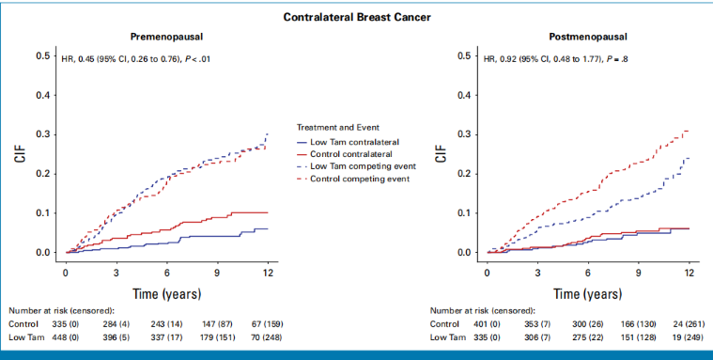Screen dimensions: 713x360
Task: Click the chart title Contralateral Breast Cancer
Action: click(357, 17)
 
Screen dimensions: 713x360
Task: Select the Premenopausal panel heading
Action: click(166, 37)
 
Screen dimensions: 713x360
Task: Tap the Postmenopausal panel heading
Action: click(588, 37)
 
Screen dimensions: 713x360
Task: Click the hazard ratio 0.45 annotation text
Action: click(135, 58)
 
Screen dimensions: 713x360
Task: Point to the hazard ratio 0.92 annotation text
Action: click(556, 58)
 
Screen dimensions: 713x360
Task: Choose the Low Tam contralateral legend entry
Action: click(348, 142)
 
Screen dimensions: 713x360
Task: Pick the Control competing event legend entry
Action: click(353, 179)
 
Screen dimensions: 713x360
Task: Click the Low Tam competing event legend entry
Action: click(356, 166)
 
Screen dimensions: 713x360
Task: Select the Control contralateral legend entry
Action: click(344, 154)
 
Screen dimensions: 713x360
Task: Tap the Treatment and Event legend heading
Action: click(338, 128)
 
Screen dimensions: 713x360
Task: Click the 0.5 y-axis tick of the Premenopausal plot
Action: click(43, 55)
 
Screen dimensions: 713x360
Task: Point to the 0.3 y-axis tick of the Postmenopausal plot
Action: click(464, 134)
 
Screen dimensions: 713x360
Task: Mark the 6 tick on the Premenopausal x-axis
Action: click(167, 273)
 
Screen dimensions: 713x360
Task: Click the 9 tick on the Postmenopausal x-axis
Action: click(639, 273)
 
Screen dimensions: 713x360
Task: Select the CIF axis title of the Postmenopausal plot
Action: click(442, 154)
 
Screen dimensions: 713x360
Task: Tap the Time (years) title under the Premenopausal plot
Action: click(166, 294)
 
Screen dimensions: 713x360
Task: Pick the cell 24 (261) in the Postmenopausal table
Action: click(689, 324)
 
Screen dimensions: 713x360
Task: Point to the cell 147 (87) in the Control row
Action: click(217, 324)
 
